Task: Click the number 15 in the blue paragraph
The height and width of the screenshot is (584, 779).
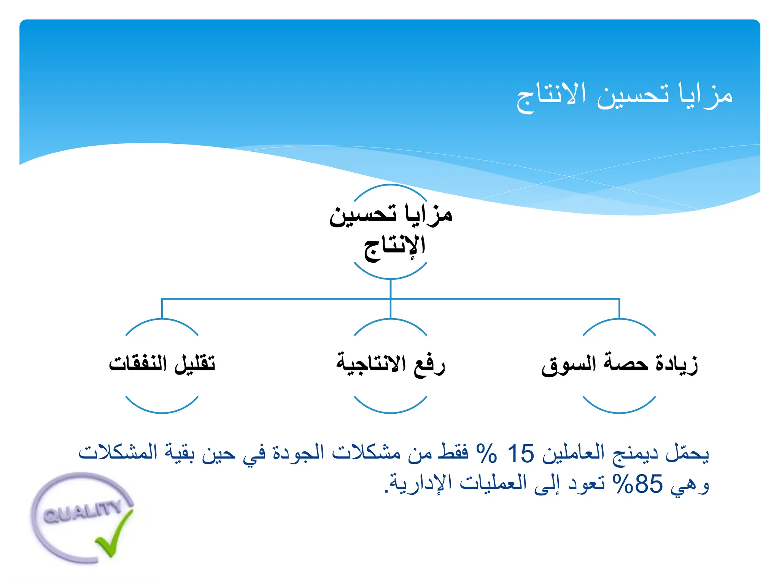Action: [521, 454]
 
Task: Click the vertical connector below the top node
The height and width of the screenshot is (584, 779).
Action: [391, 289]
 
